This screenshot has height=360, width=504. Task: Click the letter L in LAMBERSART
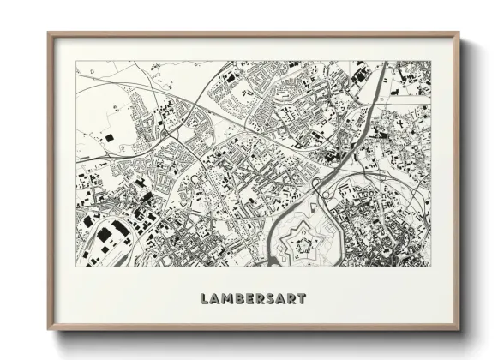click(204, 299)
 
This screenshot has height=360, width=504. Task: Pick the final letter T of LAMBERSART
click(302, 299)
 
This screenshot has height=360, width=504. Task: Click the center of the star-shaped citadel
click(303, 245)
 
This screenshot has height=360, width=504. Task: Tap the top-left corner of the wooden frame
click(48, 33)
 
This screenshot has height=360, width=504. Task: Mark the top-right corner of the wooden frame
click(459, 33)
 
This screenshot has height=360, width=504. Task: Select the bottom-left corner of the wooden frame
click(48, 330)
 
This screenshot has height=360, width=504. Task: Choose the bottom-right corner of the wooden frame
click(459, 330)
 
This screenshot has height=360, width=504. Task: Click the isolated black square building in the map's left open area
click(109, 137)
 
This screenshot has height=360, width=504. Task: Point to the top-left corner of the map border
click(75, 61)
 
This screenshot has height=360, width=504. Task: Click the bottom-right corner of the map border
click(429, 267)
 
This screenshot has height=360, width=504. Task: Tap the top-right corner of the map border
click(429, 61)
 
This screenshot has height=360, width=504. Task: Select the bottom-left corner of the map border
click(75, 267)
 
